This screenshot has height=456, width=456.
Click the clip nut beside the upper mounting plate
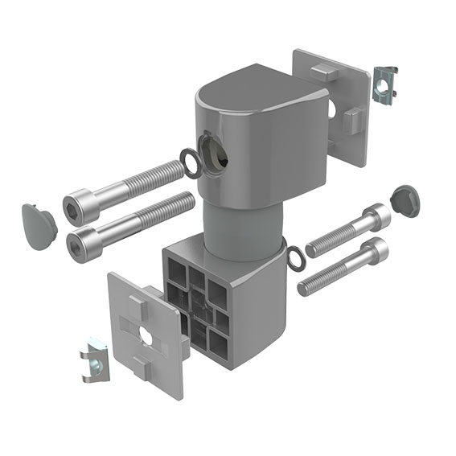tap(384, 85)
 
